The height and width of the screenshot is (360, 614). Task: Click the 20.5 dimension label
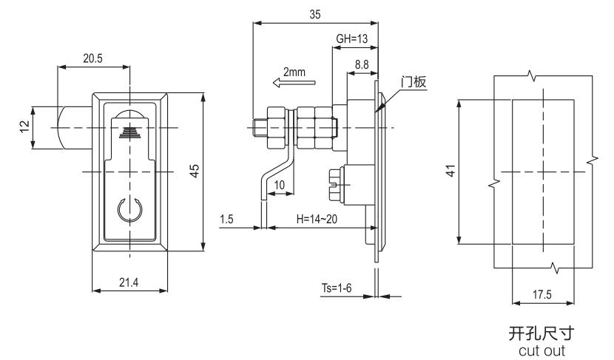point(92,58)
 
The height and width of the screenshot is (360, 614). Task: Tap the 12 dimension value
point(25,127)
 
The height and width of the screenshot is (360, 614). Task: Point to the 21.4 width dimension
point(129,281)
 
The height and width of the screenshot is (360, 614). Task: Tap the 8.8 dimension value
point(362,65)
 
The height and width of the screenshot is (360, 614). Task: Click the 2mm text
point(294,72)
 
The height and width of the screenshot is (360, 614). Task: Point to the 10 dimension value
point(280,184)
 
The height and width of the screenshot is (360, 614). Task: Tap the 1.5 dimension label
point(227,220)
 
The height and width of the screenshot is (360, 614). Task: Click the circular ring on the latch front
point(129,212)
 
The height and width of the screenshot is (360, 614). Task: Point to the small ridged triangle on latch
point(129,132)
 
